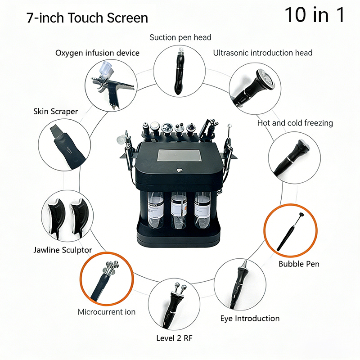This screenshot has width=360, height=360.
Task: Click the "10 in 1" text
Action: tap(315, 15)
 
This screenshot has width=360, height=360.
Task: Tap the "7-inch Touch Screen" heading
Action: tap(87, 18)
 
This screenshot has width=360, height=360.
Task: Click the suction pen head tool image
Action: tap(179, 70)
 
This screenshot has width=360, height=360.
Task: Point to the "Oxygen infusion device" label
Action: tap(97, 53)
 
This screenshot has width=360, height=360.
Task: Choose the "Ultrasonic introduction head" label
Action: tap(262, 53)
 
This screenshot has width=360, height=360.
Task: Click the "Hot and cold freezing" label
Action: tap(295, 123)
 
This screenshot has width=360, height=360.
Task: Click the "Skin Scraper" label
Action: tap(55, 111)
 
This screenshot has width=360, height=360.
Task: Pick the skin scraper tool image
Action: tap(63, 144)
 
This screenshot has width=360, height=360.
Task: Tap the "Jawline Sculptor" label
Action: tap(63, 250)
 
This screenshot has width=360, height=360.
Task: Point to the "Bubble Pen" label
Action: tap(299, 264)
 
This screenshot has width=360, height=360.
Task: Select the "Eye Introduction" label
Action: tap(250, 319)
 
